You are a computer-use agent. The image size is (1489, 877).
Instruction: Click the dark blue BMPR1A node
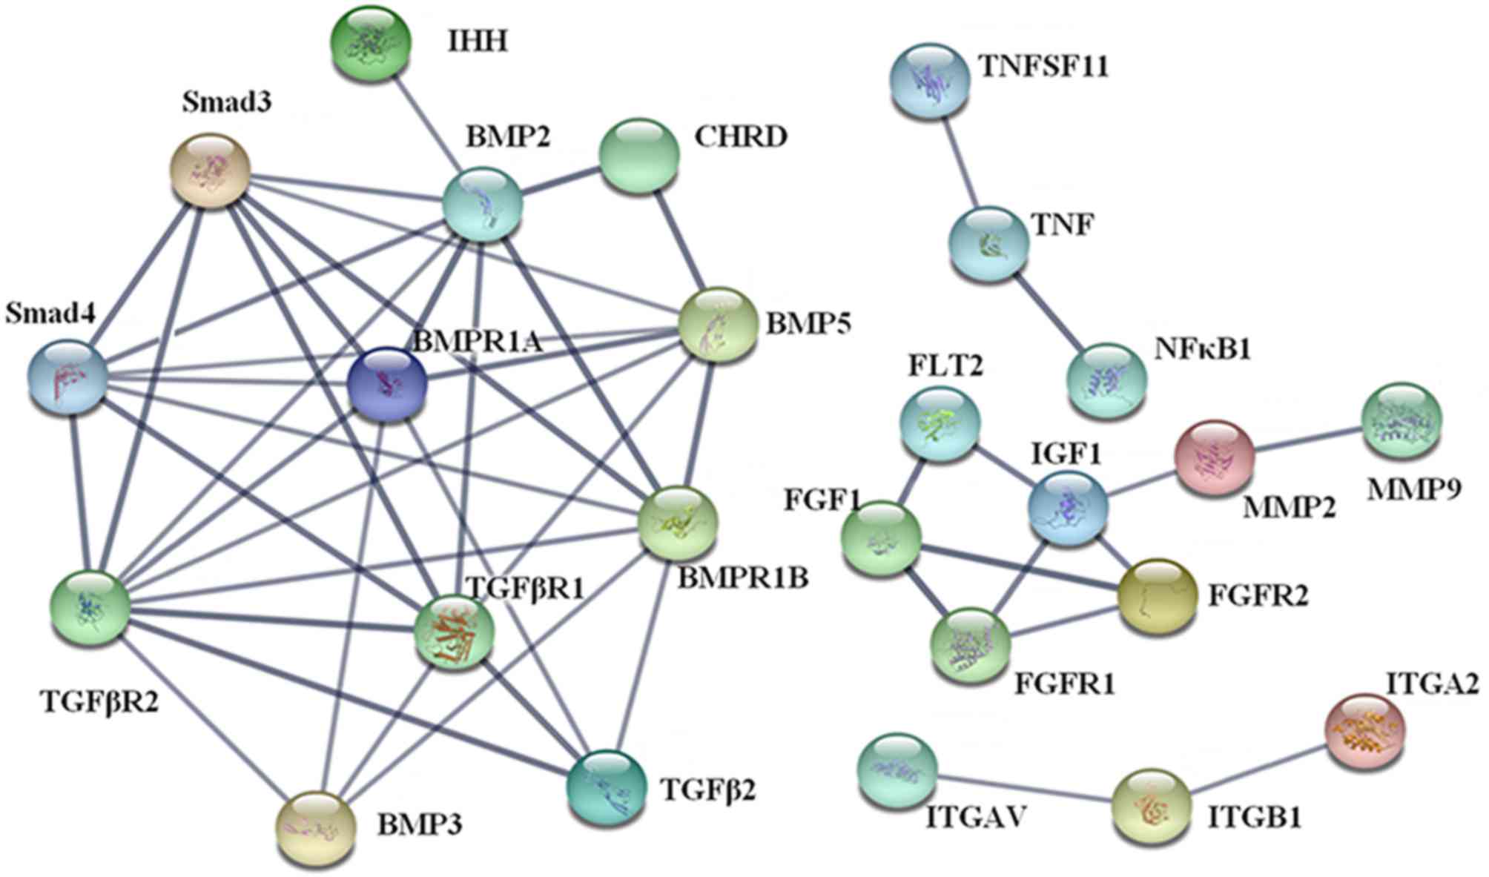[x=387, y=385]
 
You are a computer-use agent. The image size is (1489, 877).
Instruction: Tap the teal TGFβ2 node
[x=606, y=789]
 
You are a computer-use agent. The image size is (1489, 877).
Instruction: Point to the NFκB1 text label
[x=1201, y=348]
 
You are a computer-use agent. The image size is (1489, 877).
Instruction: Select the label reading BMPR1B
[x=743, y=578]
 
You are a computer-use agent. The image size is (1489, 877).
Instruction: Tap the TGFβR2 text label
[x=98, y=701]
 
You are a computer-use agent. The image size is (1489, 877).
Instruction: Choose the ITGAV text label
[x=976, y=818]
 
